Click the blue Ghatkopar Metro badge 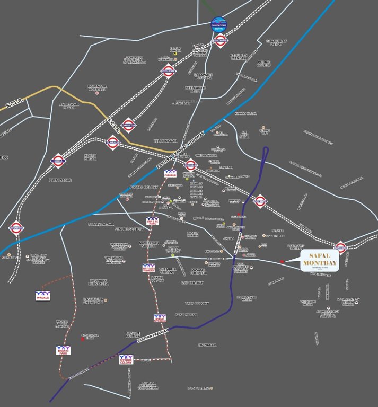click(219, 25)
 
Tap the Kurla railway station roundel click(58, 160)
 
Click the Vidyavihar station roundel click(168, 70)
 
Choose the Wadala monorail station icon click(42, 295)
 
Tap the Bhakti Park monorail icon click(63, 350)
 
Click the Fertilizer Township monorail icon click(149, 269)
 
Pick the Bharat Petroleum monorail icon click(159, 318)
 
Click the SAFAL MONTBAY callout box click(320, 260)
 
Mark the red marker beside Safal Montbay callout click(282, 261)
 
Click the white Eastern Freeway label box click(152, 337)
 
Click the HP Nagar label click(207, 345)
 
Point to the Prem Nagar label click(59, 180)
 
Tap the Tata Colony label click(197, 303)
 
